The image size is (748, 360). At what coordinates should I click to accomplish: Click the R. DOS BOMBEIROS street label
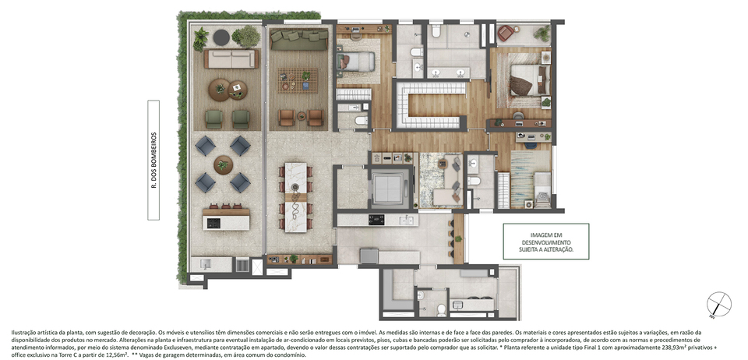click(153, 161)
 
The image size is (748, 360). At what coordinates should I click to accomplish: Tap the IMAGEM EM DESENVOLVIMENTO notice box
click(545, 242)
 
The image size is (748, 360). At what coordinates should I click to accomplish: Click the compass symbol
click(719, 304)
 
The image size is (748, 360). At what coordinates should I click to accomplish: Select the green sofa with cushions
click(299, 39)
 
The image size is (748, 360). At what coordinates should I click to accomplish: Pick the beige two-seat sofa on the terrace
click(231, 59)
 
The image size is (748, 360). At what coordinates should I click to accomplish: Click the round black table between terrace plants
click(221, 37)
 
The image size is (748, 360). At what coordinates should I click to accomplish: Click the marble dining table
click(296, 197)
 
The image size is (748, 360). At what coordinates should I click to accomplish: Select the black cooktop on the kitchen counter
click(376, 220)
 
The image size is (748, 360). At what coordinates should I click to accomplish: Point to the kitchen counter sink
click(407, 220)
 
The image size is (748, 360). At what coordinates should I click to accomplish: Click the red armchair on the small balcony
click(505, 34)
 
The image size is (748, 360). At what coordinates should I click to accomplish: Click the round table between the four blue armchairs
click(223, 165)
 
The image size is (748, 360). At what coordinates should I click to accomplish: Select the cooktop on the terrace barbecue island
click(213, 223)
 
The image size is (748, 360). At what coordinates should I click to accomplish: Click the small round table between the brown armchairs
click(301, 116)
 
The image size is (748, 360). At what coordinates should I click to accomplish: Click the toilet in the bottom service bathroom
click(441, 310)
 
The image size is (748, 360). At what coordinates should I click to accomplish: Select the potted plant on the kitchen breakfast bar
click(458, 238)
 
